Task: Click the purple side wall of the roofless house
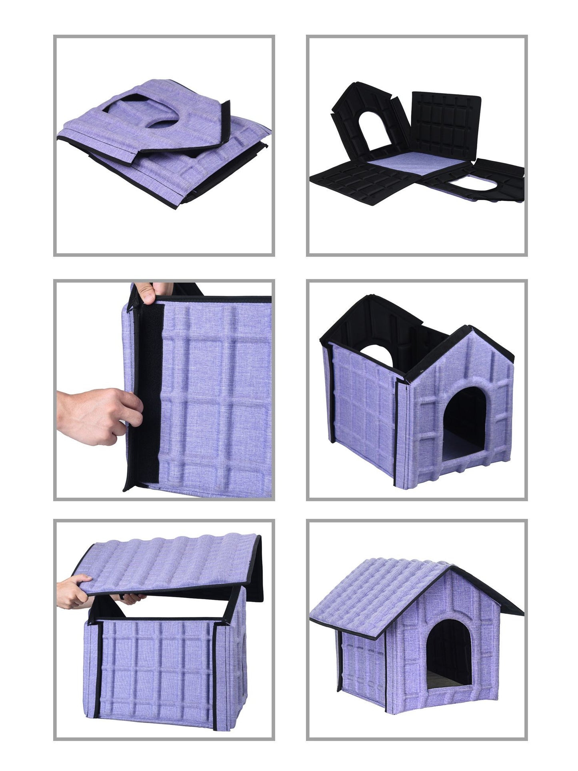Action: (x=360, y=408)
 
